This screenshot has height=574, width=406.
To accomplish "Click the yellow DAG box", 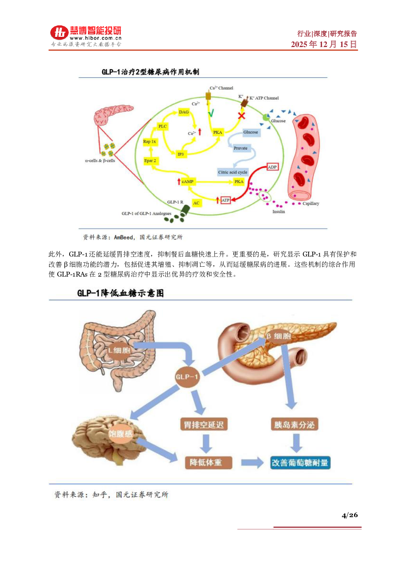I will [184, 112].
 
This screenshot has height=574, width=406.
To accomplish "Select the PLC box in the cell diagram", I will [162, 126].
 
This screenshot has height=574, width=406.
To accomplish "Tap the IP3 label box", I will [180, 154].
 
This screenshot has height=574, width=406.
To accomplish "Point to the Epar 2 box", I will [150, 161].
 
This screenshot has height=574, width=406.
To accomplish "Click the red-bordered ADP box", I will [272, 167].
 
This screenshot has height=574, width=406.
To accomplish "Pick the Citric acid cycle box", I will [232, 172].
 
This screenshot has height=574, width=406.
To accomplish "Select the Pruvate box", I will [240, 148].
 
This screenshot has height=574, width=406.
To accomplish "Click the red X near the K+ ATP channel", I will [241, 116].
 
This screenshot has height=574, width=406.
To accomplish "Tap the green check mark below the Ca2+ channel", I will [211, 113].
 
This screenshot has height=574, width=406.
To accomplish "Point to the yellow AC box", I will [196, 203].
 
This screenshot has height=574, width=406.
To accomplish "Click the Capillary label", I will [311, 203].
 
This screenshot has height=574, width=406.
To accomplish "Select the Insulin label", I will [279, 212].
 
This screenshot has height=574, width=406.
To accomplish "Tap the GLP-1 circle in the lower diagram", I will [187, 377].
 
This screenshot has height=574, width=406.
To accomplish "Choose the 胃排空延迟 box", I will [203, 425].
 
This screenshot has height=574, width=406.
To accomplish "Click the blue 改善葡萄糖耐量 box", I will [300, 463].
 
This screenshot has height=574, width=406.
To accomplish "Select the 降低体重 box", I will [206, 463].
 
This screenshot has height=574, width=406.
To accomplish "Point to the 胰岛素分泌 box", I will [294, 425].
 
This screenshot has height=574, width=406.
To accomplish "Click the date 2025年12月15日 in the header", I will [324, 44].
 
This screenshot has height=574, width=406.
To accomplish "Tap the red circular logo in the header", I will [59, 33].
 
